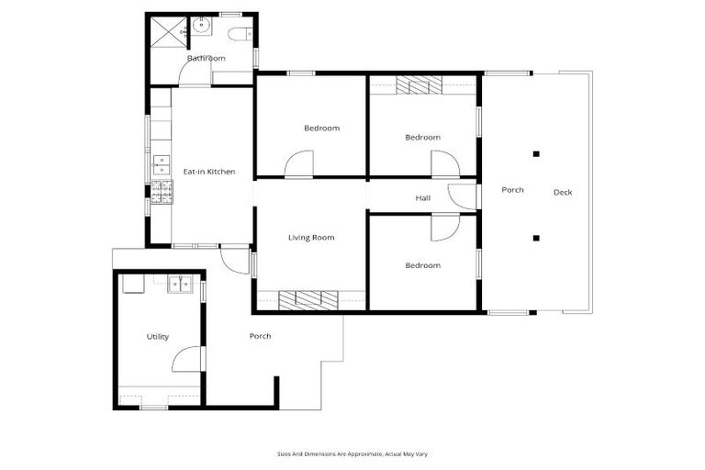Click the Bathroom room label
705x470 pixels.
[206, 59]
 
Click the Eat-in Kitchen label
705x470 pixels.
[209, 172]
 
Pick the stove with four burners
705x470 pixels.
[162, 192]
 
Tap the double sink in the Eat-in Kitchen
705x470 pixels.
[162, 164]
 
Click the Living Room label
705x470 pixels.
[311, 238]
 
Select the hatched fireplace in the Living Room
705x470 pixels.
[308, 298]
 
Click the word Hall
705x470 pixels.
[422, 197]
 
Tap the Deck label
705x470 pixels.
[563, 192]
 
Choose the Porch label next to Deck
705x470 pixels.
[512, 190]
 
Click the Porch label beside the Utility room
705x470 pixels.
[260, 336]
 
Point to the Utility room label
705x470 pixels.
[158, 337]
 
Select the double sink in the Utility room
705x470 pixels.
[181, 284]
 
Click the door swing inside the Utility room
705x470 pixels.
[187, 359]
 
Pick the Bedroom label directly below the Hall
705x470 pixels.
[422, 265]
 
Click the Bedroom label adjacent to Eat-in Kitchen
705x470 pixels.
[321, 128]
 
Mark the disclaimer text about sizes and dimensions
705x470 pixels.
[352, 453]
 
